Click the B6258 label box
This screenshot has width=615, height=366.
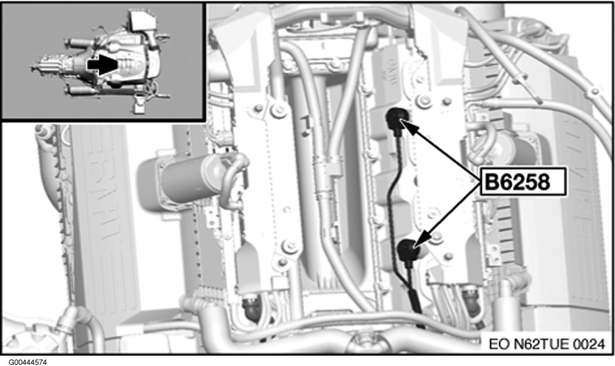(524, 182)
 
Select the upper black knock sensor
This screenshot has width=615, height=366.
(397, 118)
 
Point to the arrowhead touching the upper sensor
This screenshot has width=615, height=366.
(405, 125)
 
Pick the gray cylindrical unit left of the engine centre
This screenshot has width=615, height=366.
(184, 177)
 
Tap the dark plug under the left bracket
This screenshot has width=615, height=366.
(252, 308)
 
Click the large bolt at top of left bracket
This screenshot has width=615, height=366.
(279, 110)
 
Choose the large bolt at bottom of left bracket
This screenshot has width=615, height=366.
(290, 246)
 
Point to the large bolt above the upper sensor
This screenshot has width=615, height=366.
(423, 101)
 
